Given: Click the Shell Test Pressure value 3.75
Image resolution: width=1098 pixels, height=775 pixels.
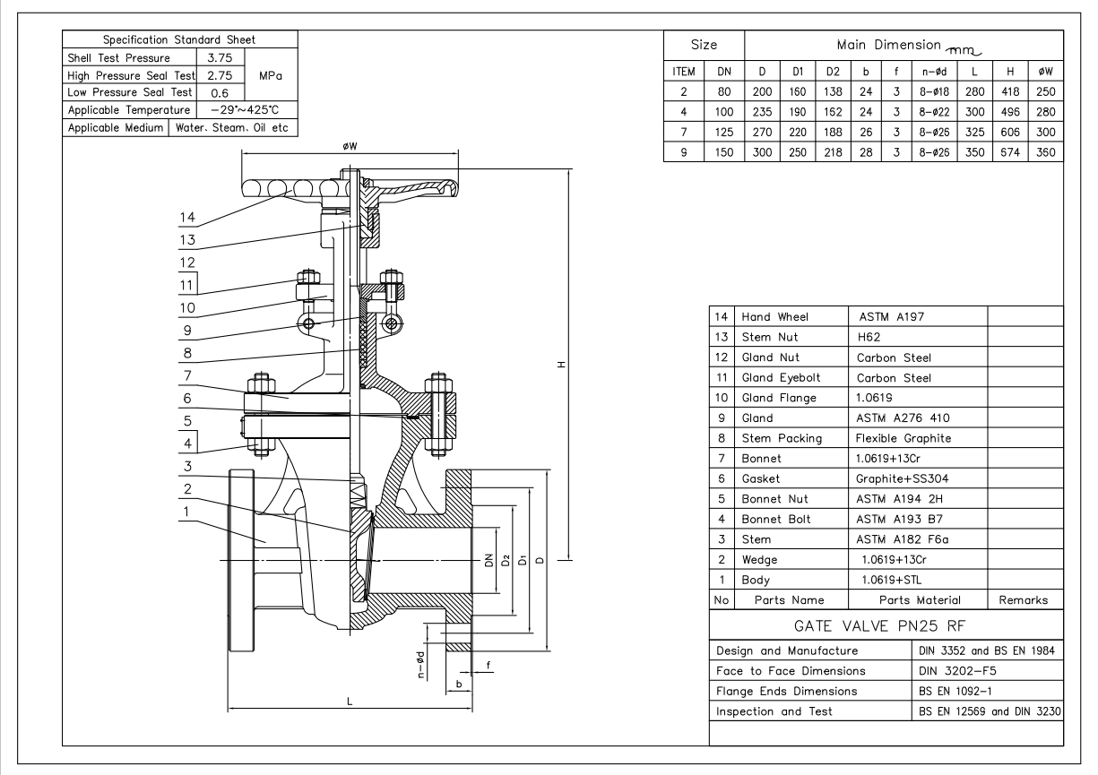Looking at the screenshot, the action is pos(220,58).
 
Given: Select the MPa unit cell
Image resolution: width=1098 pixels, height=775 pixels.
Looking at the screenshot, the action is pos(271,75).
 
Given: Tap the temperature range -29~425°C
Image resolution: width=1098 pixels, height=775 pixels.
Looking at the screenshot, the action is pos(245,109).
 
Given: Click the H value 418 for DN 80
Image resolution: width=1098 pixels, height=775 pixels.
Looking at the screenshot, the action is pos(1010,91).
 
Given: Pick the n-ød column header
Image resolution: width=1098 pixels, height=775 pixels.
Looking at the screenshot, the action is pos(934,72).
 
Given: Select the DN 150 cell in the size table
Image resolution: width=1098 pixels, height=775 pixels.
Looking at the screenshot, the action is pos(724,152).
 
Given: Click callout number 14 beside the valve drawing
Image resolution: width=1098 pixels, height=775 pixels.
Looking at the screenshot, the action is pos(187,217).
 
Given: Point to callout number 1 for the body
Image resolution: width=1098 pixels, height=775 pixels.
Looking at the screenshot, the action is pos(186,512).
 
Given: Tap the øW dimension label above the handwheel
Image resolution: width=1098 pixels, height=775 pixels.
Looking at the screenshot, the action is pos(350,146).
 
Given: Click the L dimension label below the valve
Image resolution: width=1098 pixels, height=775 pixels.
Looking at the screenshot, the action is pos(350,702).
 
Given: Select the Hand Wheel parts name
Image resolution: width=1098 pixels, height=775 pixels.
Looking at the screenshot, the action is pos(774,317).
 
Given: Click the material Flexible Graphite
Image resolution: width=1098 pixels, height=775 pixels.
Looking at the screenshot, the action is pos(903,438).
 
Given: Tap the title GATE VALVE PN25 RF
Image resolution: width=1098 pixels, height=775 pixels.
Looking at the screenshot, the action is pos(879,626).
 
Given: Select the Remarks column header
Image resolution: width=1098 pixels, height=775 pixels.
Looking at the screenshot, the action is pos(1023,599).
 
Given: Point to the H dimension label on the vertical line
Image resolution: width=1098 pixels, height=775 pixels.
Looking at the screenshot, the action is pos(562,365).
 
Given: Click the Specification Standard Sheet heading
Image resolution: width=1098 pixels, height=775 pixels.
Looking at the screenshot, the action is pos(179,39).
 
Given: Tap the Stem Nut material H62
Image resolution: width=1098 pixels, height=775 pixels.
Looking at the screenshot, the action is pos(869,337).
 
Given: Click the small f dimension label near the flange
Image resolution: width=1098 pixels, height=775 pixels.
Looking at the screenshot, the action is pos(488,665).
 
